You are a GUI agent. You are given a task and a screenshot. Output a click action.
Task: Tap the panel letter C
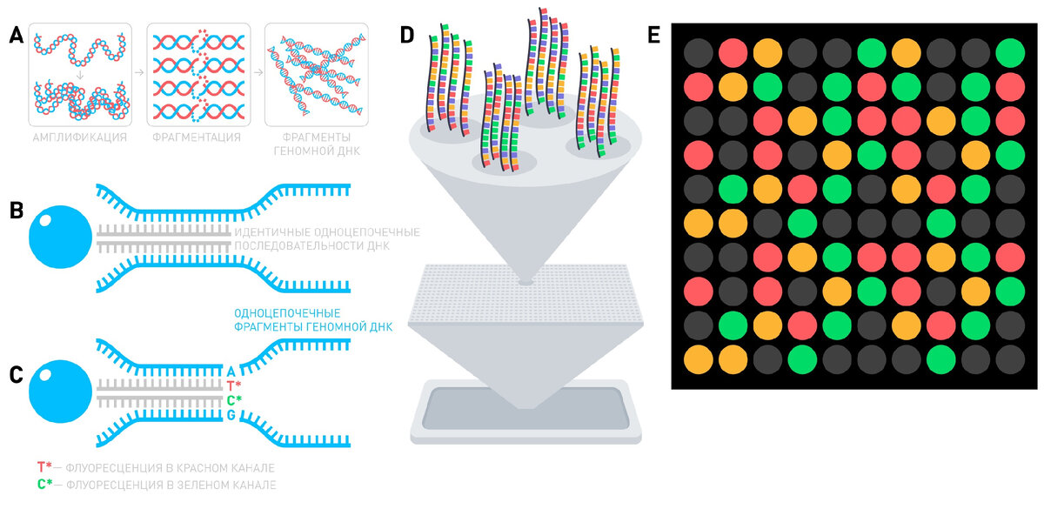[x=15, y=375]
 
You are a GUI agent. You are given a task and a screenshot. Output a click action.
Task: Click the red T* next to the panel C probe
[x=233, y=385]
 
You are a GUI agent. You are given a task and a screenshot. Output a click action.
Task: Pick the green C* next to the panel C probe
[x=233, y=401]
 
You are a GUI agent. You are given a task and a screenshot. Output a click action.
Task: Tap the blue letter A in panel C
[x=231, y=371]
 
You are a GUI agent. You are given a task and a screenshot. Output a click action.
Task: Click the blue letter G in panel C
[x=231, y=416]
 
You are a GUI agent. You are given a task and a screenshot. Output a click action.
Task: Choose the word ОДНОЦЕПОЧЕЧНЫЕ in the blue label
[x=286, y=312]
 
